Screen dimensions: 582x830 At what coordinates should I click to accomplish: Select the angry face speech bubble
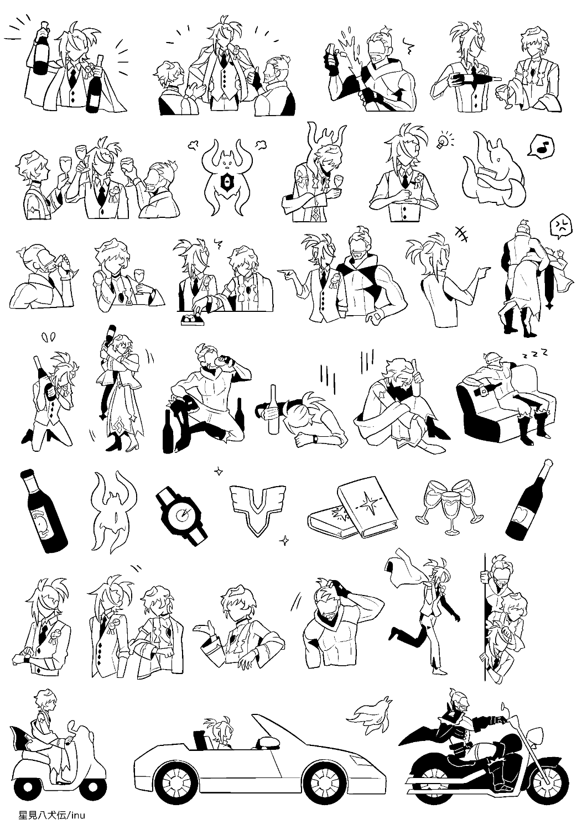[x=560, y=225]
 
